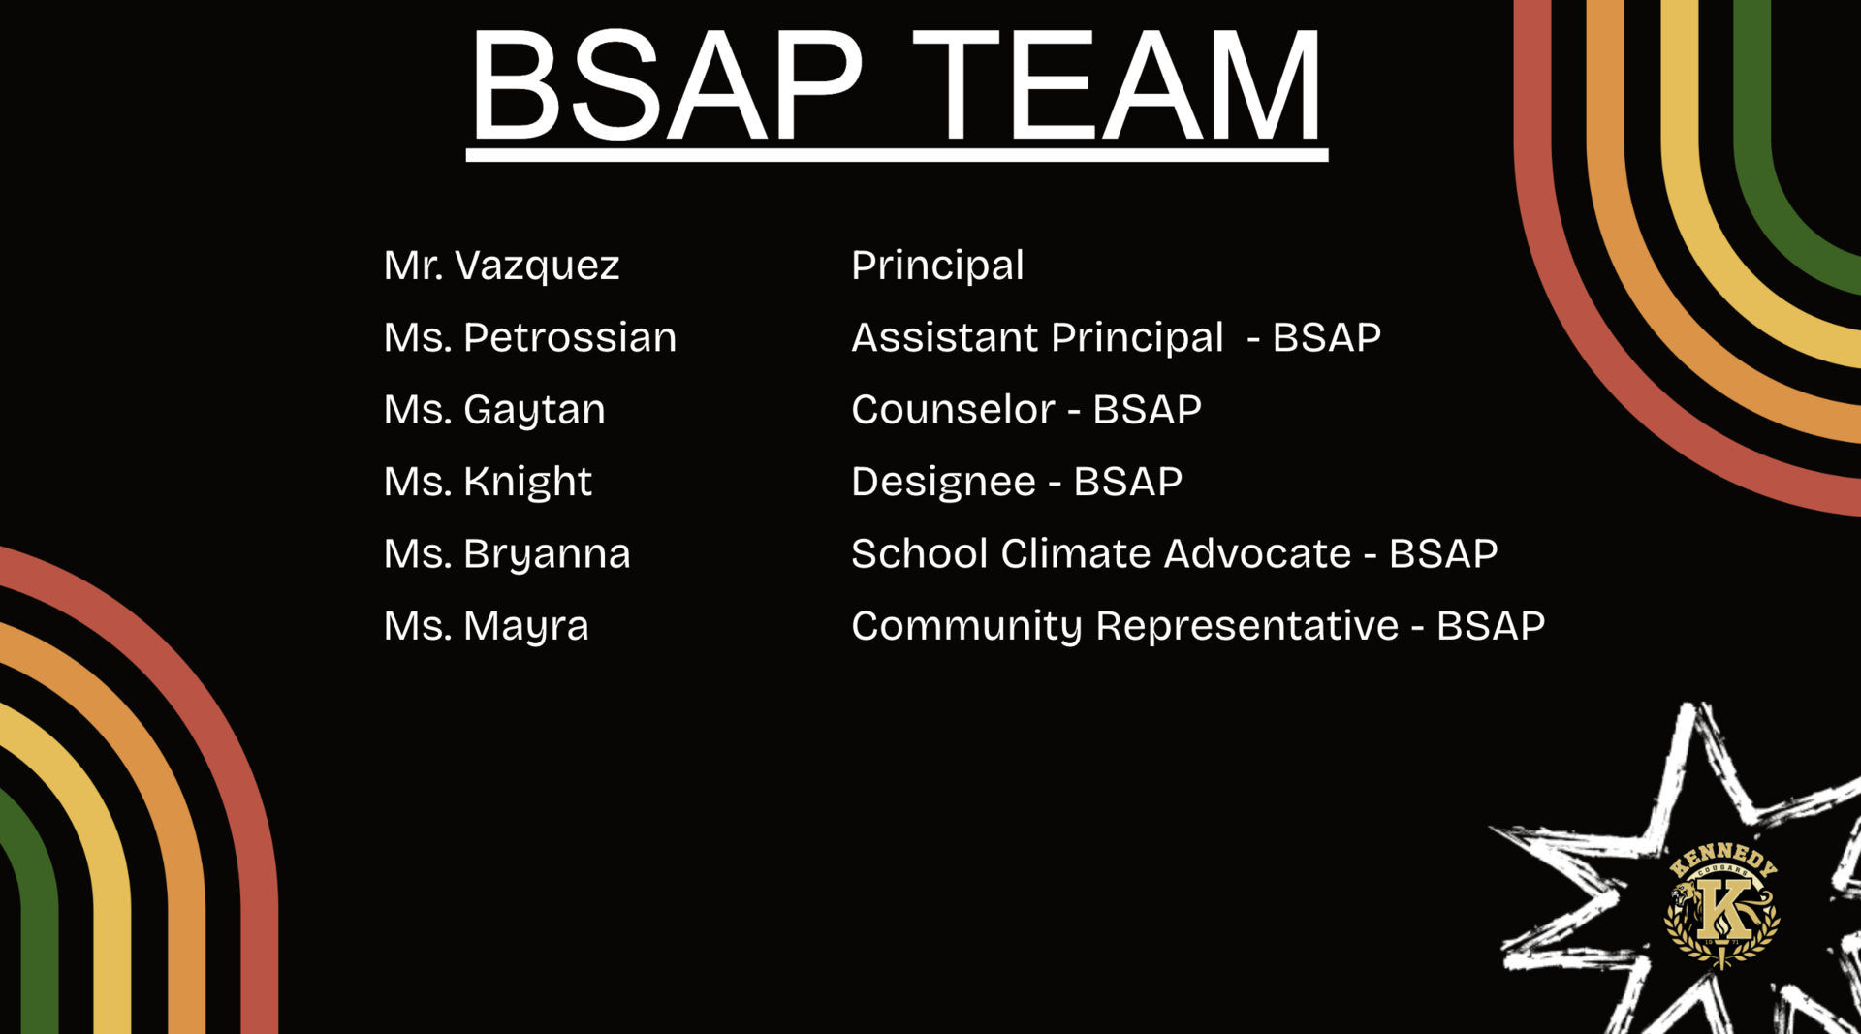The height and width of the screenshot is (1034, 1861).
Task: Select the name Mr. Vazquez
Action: pyautogui.click(x=501, y=266)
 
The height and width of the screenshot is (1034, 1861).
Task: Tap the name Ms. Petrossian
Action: pyautogui.click(x=529, y=337)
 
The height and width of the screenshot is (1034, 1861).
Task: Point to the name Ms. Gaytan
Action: pyautogui.click(x=494, y=410)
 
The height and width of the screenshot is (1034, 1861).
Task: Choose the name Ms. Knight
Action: pyautogui.click(x=488, y=482)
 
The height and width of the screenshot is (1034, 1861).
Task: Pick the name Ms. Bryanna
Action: pyautogui.click(x=507, y=554)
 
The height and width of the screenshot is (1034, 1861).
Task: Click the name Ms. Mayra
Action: pyautogui.click(x=486, y=626)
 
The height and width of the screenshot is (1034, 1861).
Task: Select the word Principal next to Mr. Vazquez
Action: pyautogui.click(x=937, y=266)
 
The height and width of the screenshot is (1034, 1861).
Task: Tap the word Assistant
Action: pyautogui.click(x=944, y=337)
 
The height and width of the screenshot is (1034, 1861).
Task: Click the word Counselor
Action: pyautogui.click(x=952, y=410)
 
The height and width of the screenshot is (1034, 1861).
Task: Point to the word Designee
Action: pyautogui.click(x=943, y=482)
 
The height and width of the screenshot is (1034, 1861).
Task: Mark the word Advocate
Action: pyautogui.click(x=1257, y=553)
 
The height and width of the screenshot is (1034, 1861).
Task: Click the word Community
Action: pyautogui.click(x=966, y=626)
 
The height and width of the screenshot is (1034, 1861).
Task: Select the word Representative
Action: pyautogui.click(x=1246, y=626)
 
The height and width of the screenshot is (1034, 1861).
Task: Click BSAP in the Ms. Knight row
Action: pyautogui.click(x=1127, y=482)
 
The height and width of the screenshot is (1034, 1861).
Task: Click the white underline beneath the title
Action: pyautogui.click(x=897, y=155)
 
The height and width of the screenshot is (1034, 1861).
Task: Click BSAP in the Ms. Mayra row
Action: pyautogui.click(x=1491, y=626)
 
